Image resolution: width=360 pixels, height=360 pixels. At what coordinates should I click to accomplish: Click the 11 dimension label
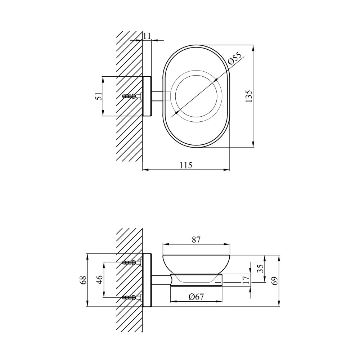[x=147, y=36]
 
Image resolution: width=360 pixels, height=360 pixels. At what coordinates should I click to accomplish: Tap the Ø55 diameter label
[x=235, y=58]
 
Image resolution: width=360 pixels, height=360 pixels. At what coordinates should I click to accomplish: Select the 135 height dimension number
[x=249, y=96]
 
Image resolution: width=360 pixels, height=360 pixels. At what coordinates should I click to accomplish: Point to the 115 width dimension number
[x=186, y=165]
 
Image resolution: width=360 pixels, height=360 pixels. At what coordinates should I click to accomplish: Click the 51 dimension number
[x=98, y=96]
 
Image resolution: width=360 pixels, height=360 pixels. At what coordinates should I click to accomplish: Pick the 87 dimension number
[x=196, y=240]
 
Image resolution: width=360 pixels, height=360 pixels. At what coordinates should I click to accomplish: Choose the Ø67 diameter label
[x=196, y=297]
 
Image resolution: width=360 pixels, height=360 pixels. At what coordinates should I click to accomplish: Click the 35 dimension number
[x=260, y=268]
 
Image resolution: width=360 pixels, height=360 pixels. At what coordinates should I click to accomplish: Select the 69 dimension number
[x=275, y=280]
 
